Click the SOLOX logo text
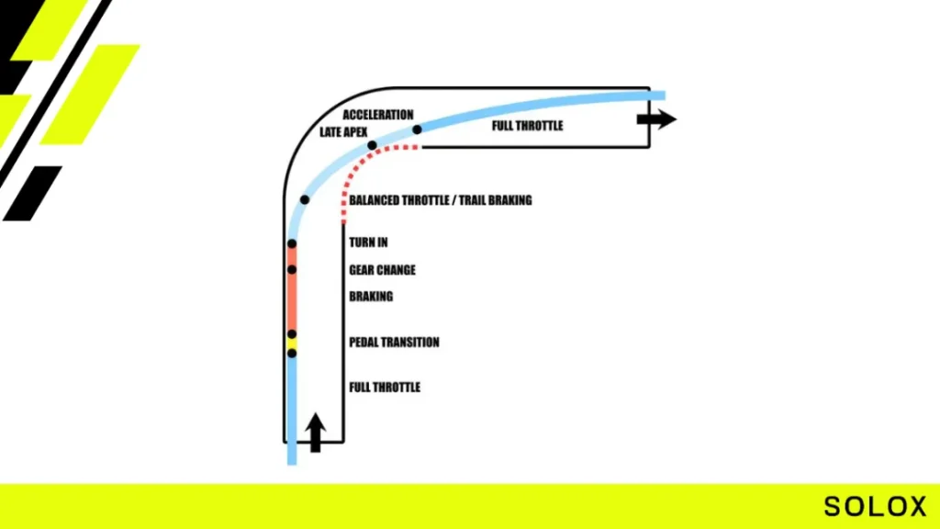click(x=875, y=506)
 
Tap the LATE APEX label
click(x=343, y=132)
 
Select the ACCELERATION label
click(x=378, y=115)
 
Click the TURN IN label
click(x=369, y=242)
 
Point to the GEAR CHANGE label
click(x=383, y=270)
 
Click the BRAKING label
click(x=371, y=297)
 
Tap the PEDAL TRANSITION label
click(x=395, y=342)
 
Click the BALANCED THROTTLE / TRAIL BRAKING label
click(x=441, y=200)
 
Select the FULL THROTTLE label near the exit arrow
click(x=528, y=126)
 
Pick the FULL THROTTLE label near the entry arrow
click(x=385, y=388)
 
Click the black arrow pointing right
click(x=656, y=118)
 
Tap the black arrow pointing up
click(x=316, y=433)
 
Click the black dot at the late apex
click(x=373, y=145)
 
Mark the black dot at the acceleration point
click(x=418, y=129)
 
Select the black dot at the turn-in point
click(x=292, y=243)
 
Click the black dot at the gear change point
click(x=292, y=270)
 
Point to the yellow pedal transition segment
click(x=292, y=343)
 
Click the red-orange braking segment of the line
click(x=292, y=301)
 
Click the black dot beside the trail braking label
click(x=305, y=199)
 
